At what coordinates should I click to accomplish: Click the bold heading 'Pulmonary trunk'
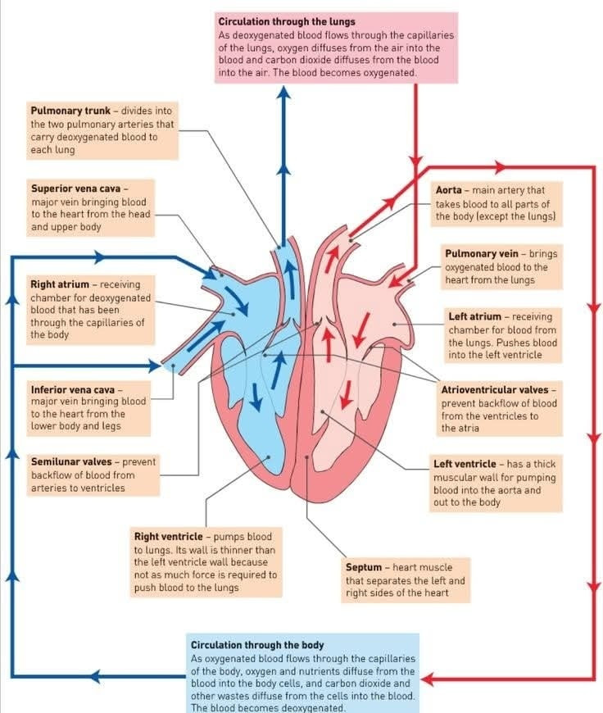tap(70, 111)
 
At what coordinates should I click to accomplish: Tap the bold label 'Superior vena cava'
tap(76, 188)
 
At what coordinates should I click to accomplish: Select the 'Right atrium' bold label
tap(60, 284)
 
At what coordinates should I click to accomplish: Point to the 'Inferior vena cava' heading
tap(73, 390)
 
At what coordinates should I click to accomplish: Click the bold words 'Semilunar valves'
tap(71, 462)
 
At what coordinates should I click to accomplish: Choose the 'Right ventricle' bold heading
tap(168, 537)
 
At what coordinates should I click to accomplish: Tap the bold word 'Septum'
tap(364, 567)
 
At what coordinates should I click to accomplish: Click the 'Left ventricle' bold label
tap(465, 464)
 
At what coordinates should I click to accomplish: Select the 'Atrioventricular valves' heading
tap(495, 390)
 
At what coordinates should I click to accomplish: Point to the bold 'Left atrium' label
tap(474, 316)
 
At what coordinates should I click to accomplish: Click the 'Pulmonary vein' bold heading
tap(482, 254)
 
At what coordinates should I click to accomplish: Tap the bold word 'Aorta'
tap(448, 190)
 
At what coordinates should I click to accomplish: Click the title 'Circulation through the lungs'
tap(287, 21)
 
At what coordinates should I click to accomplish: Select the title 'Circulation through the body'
tap(257, 645)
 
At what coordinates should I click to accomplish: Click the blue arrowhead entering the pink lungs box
tap(283, 92)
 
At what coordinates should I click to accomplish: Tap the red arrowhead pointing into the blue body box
tap(428, 680)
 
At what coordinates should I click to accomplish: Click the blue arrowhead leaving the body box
tap(94, 676)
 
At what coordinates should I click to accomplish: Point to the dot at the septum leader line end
tap(307, 457)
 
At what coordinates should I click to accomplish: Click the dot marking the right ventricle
tap(269, 457)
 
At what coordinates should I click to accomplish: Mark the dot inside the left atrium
tap(394, 325)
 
